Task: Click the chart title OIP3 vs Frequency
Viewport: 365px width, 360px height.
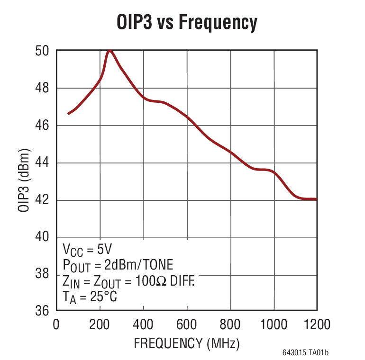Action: click(x=187, y=23)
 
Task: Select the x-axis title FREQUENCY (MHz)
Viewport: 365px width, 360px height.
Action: click(x=186, y=342)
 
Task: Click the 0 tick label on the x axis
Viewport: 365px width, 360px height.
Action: click(x=56, y=325)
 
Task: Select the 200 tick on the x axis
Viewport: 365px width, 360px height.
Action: click(x=100, y=325)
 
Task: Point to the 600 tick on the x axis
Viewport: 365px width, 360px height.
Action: click(x=187, y=325)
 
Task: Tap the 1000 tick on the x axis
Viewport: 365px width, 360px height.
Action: click(x=274, y=325)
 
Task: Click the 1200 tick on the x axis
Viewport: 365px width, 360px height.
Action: click(x=317, y=325)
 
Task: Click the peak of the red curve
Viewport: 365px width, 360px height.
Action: click(x=110, y=51)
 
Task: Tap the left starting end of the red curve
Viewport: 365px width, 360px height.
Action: click(x=69, y=114)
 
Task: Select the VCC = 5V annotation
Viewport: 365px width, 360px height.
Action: click(x=87, y=249)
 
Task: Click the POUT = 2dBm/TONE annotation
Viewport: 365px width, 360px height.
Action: click(x=118, y=265)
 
